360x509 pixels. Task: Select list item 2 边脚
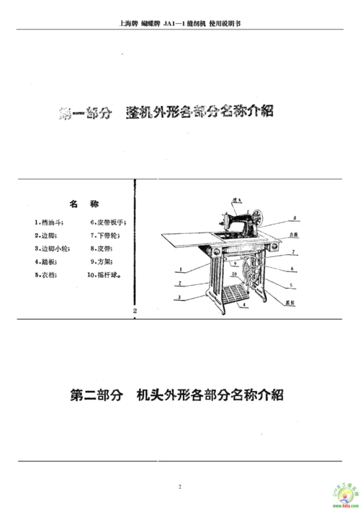(42, 235)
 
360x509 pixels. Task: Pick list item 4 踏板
(44, 261)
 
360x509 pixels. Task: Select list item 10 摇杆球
(105, 274)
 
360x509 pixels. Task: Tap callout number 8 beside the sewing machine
(295, 217)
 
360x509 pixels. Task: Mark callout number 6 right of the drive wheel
(292, 269)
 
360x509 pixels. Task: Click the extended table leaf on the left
(184, 238)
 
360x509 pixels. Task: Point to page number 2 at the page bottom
(180, 487)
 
